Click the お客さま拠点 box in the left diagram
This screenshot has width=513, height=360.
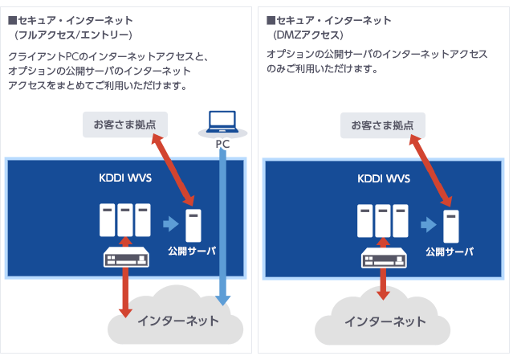point(124,125)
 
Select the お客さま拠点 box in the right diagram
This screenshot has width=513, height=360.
point(382,125)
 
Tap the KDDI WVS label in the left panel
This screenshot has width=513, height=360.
point(125,178)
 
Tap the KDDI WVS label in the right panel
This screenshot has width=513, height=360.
point(383,178)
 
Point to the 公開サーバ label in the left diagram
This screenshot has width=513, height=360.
point(193,252)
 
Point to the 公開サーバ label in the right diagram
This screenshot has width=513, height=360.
point(450,252)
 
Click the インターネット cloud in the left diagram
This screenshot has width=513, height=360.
point(177,321)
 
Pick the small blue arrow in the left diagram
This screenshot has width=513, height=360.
point(169,223)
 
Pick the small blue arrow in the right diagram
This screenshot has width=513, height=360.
point(426,223)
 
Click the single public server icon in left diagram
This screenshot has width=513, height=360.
point(193,225)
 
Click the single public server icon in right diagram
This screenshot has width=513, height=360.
point(450,225)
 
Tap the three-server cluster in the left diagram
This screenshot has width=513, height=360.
point(124,219)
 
